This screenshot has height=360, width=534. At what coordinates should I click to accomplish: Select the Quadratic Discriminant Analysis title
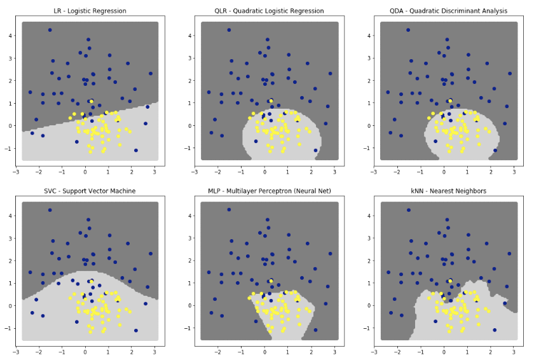448,11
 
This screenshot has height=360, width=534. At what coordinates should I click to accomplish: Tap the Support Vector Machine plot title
89,191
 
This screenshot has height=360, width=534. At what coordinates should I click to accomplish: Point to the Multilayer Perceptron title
269,191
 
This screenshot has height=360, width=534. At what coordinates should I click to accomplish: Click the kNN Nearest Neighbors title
448,191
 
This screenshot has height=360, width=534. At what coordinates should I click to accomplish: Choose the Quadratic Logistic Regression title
269,11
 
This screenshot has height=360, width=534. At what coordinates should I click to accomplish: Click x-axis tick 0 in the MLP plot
264,352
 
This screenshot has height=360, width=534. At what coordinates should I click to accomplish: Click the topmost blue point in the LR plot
50,30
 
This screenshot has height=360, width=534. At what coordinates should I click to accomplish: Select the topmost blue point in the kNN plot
408,210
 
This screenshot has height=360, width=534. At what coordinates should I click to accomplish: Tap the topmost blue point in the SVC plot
50,210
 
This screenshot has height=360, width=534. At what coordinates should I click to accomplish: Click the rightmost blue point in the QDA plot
510,74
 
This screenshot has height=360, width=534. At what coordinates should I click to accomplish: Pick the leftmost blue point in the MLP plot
209,272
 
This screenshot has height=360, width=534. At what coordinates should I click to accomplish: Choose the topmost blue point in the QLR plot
229,30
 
